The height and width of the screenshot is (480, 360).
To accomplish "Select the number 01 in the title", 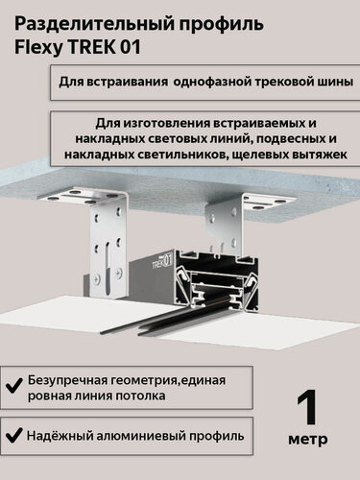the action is pyautogui.click(x=131, y=47).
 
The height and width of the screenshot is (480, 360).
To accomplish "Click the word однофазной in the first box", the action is pyautogui.click(x=212, y=82).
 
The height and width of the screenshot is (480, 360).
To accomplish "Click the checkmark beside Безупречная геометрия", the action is pyautogui.click(x=14, y=385).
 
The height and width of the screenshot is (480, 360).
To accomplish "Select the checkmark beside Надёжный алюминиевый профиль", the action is pyautogui.click(x=14, y=435).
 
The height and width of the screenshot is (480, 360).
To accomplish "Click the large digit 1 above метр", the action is pyautogui.click(x=307, y=408).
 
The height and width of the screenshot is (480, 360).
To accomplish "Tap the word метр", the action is pyautogui.click(x=308, y=440).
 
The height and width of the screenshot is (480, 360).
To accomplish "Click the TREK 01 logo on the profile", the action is pyautogui.click(x=162, y=261).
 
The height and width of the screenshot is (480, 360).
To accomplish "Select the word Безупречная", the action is pyautogui.click(x=68, y=380).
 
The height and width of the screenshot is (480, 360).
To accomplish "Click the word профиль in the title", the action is pyautogui.click(x=221, y=25).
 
